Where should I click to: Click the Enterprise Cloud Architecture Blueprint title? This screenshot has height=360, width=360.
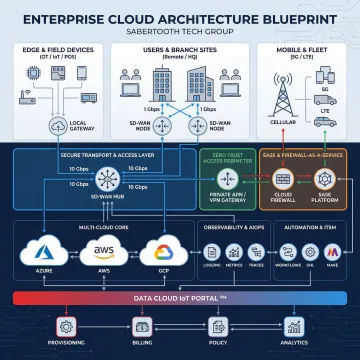pyautogui.click(x=180, y=18)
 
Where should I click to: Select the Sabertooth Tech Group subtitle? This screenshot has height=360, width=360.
pyautogui.click(x=180, y=31)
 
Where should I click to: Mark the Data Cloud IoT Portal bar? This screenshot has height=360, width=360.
pyautogui.click(x=180, y=298)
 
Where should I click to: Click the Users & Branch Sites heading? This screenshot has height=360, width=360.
pyautogui.click(x=180, y=48)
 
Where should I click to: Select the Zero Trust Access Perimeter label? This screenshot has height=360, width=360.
pyautogui.click(x=229, y=158)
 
